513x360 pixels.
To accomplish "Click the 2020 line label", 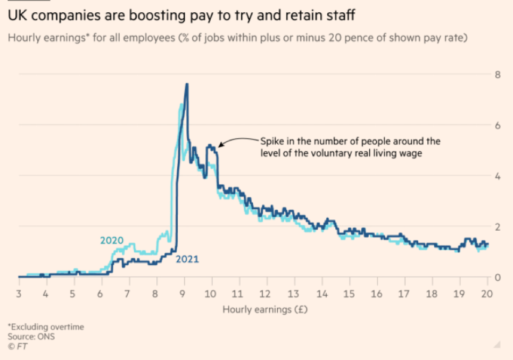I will pos(111,241).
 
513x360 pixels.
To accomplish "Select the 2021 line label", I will pos(187,259).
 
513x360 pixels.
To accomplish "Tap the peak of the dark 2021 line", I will pos(186,84).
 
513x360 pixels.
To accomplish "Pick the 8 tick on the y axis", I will pos(497,75).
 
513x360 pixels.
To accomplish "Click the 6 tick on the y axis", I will pos(497,125).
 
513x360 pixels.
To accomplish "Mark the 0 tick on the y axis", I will pos(497,277).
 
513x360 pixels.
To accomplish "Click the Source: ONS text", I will pos(31,337).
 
